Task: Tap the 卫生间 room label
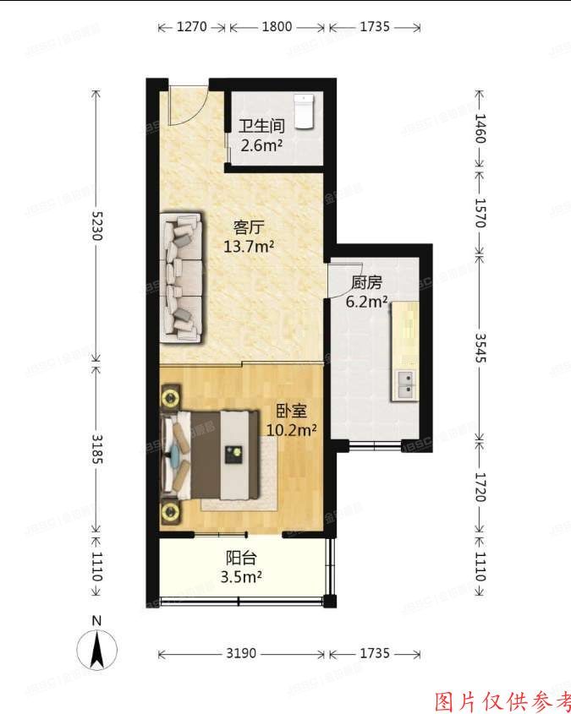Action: (261, 126)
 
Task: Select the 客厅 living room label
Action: (249, 227)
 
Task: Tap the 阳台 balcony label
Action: (241, 559)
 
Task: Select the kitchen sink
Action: (405, 384)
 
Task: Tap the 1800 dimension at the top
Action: (277, 27)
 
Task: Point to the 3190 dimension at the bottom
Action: (242, 654)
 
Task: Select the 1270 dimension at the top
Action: (192, 27)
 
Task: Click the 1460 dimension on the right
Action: (480, 128)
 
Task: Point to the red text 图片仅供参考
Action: (502, 700)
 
